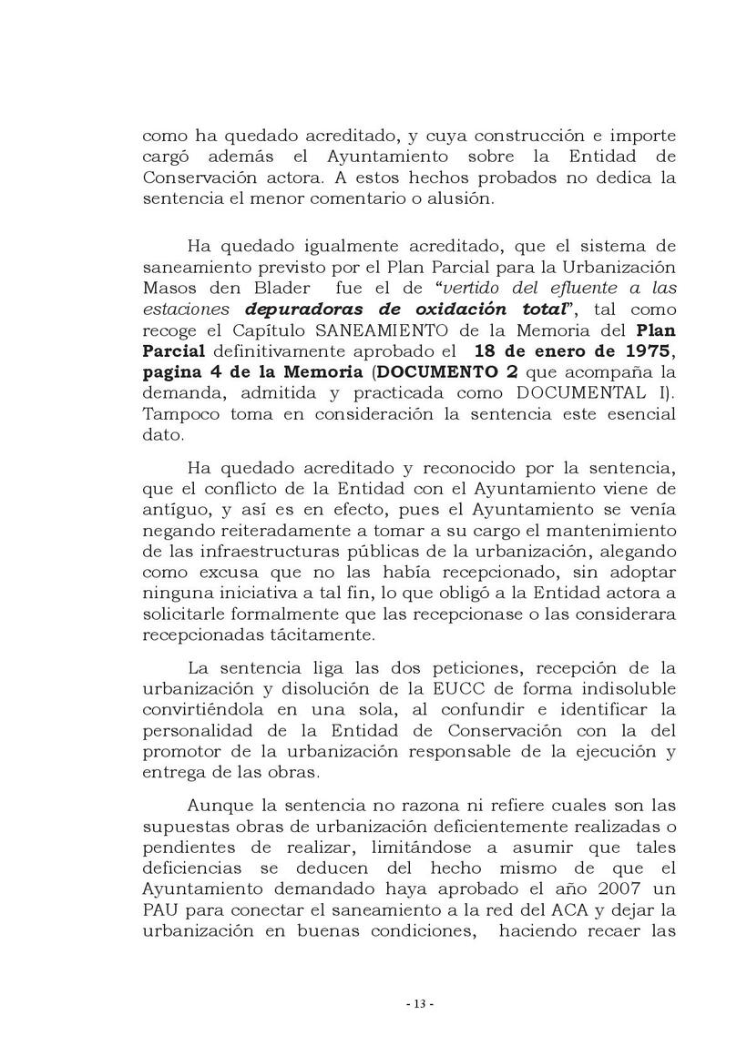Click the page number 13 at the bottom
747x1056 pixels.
point(420,1003)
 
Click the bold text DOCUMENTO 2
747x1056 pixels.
point(440,372)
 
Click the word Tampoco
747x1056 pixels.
point(177,415)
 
